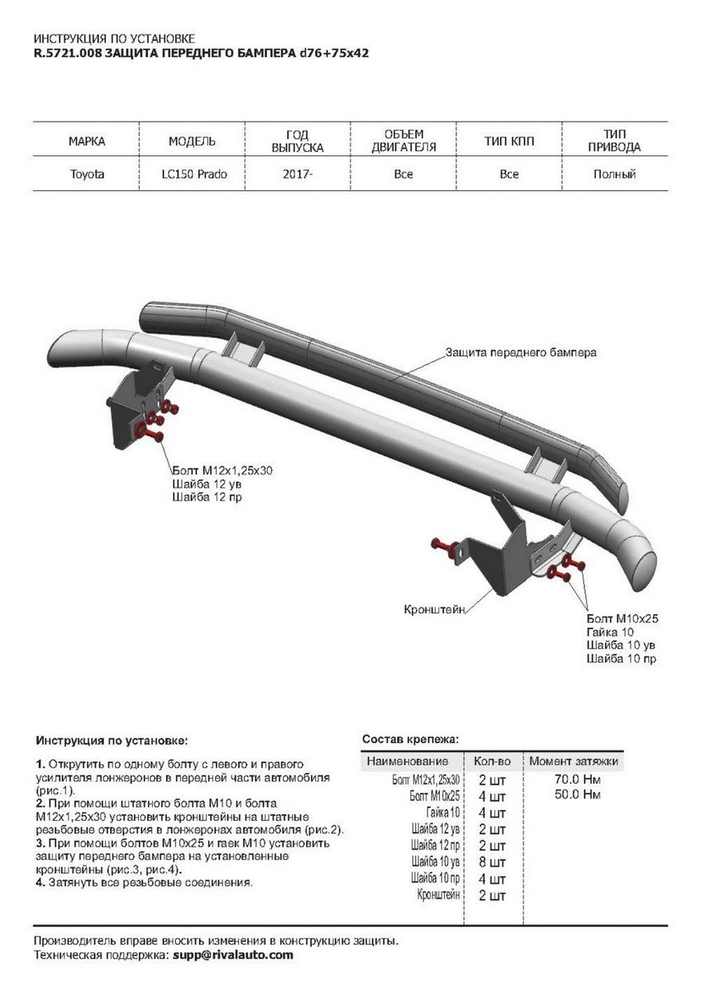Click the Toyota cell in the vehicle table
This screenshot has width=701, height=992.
point(86,174)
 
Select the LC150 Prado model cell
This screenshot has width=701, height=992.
point(193,174)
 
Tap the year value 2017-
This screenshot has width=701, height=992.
point(298,174)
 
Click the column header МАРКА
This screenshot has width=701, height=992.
point(86,141)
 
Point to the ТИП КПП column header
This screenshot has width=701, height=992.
point(509,141)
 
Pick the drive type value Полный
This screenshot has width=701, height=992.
point(614,174)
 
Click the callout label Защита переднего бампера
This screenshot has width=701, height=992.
point(521,352)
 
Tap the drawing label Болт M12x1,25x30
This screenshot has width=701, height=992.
point(222,470)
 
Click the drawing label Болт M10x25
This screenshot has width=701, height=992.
point(621,618)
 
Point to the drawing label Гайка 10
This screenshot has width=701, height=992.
point(609,632)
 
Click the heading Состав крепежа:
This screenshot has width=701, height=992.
point(410,738)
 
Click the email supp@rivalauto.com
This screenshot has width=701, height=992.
point(233,955)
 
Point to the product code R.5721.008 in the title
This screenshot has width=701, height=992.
point(67,52)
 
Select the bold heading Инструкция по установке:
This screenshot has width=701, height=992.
point(112,738)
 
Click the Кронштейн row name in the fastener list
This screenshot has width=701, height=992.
point(439,894)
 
